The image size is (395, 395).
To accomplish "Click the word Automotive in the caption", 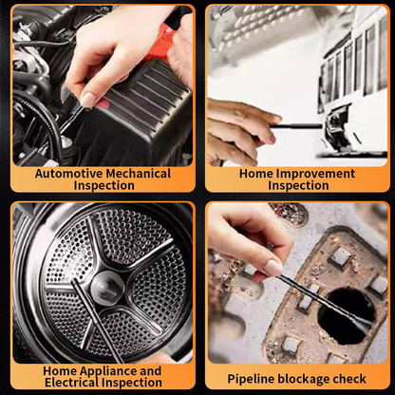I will pos(67,174).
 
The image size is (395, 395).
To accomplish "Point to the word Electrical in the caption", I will pos(79,383).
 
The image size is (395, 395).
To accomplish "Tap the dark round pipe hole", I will pos(340,327).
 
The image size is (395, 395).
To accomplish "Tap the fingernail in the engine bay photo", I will pos(87,100).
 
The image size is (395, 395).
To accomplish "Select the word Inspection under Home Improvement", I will pos(298,186).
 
